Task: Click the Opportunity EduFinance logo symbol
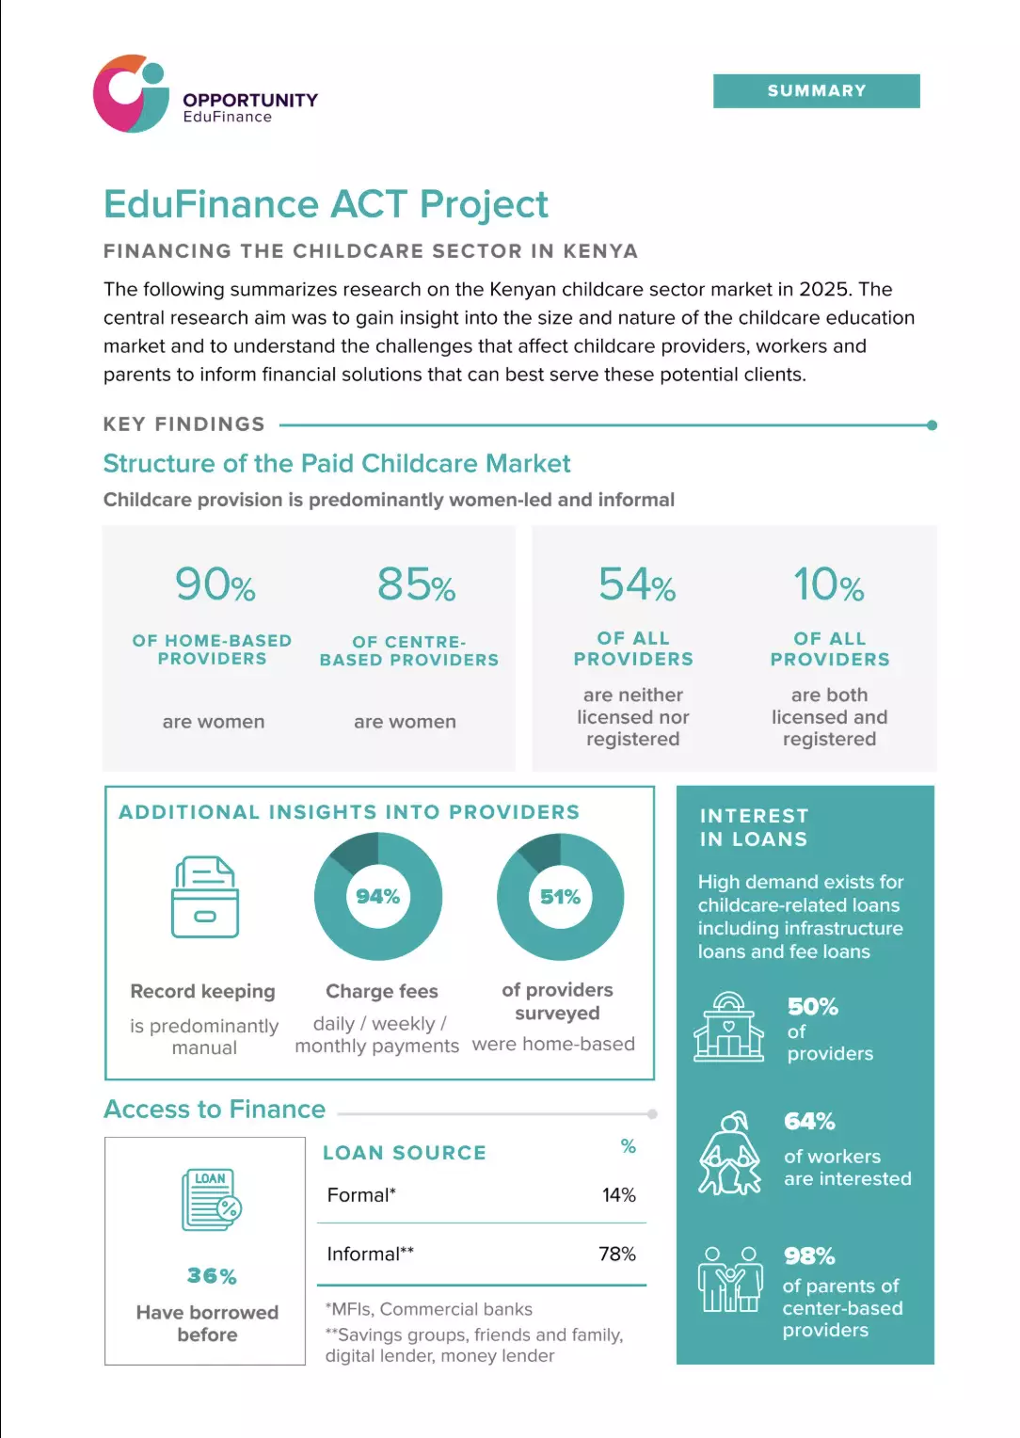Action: [131, 94]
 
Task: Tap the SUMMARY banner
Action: [816, 90]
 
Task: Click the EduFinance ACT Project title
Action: [327, 204]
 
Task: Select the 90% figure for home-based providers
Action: [215, 584]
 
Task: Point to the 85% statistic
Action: [416, 584]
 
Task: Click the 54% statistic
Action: [637, 584]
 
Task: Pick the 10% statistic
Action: [829, 584]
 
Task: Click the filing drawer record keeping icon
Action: [205, 897]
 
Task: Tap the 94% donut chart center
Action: [378, 896]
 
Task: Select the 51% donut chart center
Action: [561, 897]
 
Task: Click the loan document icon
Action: [211, 1199]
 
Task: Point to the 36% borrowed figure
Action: [212, 1275]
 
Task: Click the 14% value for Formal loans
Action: [619, 1194]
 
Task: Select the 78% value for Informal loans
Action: [617, 1254]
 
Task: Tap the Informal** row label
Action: [371, 1254]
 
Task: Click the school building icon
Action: [728, 1027]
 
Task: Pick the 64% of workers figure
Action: [809, 1122]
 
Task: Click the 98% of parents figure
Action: [809, 1255]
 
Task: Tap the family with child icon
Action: [730, 1280]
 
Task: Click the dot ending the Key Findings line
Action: [932, 425]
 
